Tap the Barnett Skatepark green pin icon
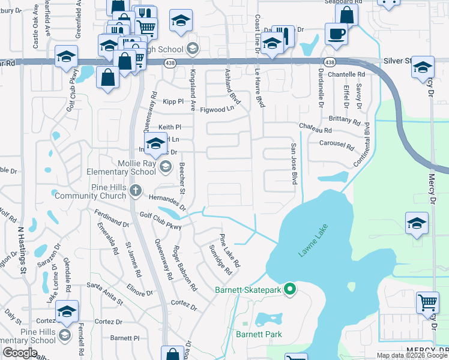tap(290, 290)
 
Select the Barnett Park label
tap(259, 334)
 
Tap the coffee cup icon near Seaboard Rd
tap(336, 34)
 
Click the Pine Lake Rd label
tap(230, 251)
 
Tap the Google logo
tap(20, 353)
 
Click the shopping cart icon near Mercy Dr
tap(427, 303)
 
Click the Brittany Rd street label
tap(344, 119)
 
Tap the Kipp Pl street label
tap(172, 102)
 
